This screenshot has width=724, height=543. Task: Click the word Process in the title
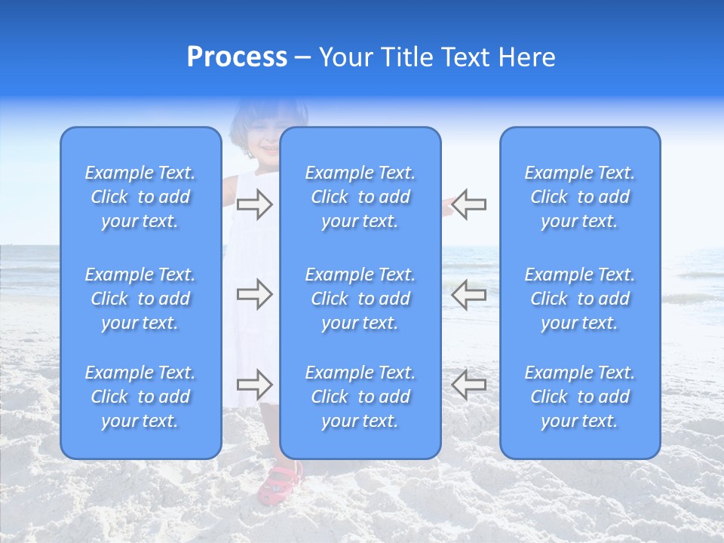(x=237, y=57)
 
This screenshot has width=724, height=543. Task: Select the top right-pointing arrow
(x=254, y=204)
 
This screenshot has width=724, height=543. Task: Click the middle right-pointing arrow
(x=254, y=294)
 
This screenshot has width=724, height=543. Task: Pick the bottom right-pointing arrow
(x=254, y=385)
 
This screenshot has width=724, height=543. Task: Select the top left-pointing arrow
(x=469, y=204)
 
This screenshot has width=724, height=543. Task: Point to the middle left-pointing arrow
(x=469, y=294)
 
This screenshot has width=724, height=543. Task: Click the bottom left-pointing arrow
(x=469, y=385)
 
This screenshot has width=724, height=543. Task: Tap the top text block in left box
(x=140, y=197)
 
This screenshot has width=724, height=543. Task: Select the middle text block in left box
(x=140, y=299)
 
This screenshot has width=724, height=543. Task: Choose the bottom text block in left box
(x=140, y=397)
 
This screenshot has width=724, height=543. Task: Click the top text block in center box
(x=360, y=197)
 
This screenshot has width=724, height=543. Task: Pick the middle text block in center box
(x=360, y=299)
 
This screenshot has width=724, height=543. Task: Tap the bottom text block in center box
(x=360, y=397)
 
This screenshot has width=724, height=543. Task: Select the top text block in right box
(x=579, y=197)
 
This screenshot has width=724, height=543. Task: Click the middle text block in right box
(x=579, y=299)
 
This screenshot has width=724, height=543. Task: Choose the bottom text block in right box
(x=579, y=397)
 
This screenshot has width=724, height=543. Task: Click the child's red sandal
(x=279, y=483)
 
